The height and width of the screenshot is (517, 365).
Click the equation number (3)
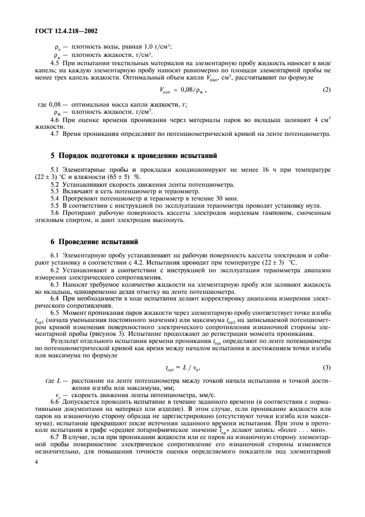coord(326,367)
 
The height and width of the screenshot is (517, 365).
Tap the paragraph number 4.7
coord(55,133)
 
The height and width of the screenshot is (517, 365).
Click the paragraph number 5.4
coord(55,197)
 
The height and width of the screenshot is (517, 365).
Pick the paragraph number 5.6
coord(55,213)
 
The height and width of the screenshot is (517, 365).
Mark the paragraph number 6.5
coord(55,313)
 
